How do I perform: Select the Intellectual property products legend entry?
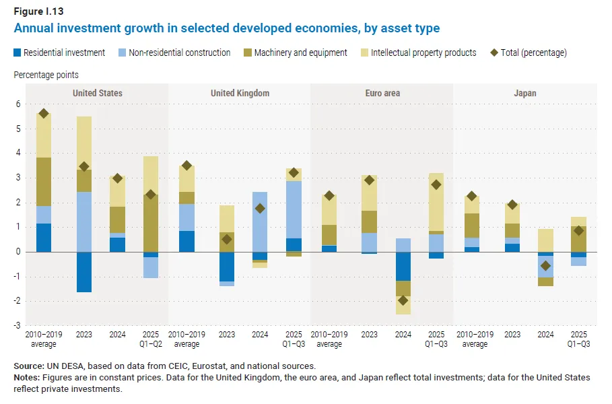click(423, 53)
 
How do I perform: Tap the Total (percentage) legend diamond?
click(494, 53)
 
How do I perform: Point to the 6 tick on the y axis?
click(19, 104)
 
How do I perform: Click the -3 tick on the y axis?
click(18, 326)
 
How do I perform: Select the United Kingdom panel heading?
click(240, 93)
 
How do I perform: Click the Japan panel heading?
click(525, 93)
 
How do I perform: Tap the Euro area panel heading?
click(382, 93)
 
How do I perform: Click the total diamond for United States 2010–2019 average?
click(44, 114)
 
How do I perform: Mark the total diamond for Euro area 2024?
click(403, 301)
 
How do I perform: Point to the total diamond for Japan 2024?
click(546, 266)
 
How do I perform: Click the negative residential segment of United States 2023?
click(84, 272)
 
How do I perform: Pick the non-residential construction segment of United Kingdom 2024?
click(260, 222)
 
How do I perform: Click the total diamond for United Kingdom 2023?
click(227, 239)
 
